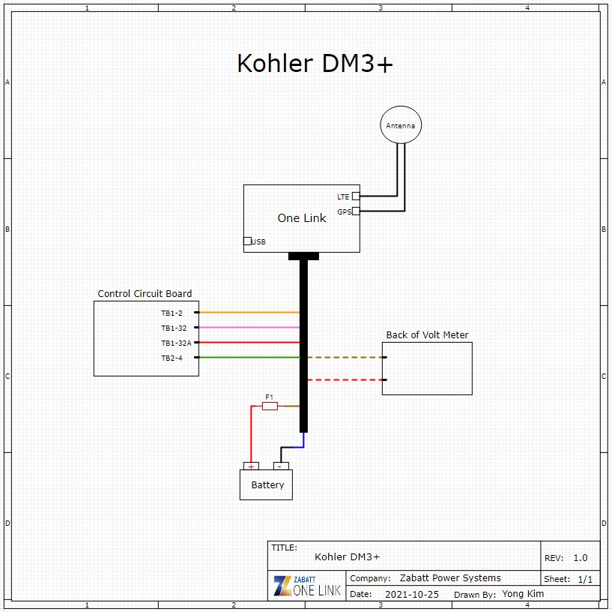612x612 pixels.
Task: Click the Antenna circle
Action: point(400,125)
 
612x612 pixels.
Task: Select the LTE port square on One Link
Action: point(356,196)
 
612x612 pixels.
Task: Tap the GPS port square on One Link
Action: point(356,211)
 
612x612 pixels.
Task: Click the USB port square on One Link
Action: point(247,241)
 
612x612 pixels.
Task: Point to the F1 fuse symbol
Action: point(270,406)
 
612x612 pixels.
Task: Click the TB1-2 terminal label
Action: point(172,313)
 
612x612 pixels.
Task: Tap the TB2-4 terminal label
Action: point(172,358)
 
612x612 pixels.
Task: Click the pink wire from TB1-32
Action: point(247,327)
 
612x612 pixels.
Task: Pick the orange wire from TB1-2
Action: point(247,312)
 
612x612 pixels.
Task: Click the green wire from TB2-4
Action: point(247,357)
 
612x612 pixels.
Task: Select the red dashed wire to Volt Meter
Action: point(345,379)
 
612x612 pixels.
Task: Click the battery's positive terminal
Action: point(250,466)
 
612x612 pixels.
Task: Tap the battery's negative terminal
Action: point(281,466)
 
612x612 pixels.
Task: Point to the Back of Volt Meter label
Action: point(427,335)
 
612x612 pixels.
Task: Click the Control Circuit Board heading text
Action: point(145,294)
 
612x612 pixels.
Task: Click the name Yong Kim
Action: point(523,594)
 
